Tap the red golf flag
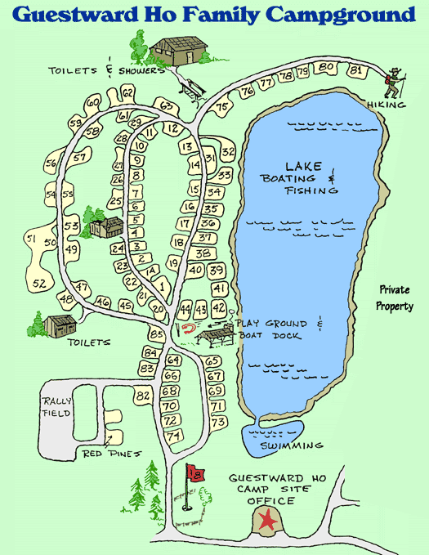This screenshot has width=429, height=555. click(x=195, y=472)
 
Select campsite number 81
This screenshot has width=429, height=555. click(x=355, y=70)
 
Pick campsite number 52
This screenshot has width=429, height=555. click(x=39, y=284)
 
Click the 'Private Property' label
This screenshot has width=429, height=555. click(x=394, y=298)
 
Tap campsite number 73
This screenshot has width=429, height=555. click(x=217, y=423)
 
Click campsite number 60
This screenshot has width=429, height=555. click(x=92, y=101)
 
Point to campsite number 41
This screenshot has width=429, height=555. click(x=218, y=289)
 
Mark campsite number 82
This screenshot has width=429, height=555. click(x=144, y=396)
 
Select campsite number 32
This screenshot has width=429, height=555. click(x=228, y=152)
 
